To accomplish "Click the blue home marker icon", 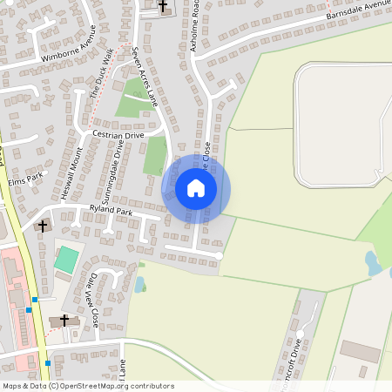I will (x=196, y=187).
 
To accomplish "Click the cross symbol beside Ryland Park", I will (x=42, y=226).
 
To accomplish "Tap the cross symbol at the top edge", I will (x=162, y=6).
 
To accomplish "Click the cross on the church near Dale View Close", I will (x=64, y=319).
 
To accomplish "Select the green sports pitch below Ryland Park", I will (x=66, y=259).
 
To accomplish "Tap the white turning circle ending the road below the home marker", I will (x=219, y=256).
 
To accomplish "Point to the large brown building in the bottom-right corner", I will (x=360, y=351).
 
